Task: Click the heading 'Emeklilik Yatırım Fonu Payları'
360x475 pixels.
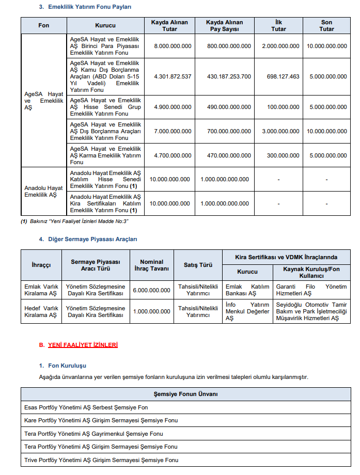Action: pyautogui.click(x=90, y=7)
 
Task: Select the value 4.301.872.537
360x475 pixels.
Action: pyautogui.click(x=173, y=76)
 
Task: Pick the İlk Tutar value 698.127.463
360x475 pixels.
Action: pyautogui.click(x=278, y=76)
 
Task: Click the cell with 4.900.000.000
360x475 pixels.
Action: pyautogui.click(x=173, y=107)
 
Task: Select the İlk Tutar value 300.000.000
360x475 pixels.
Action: pyautogui.click(x=278, y=155)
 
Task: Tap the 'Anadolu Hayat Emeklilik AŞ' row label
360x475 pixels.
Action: pyautogui.click(x=43, y=192)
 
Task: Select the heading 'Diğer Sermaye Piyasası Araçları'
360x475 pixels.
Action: pyautogui.click(x=92, y=239)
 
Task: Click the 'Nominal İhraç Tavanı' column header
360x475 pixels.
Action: pyautogui.click(x=151, y=265)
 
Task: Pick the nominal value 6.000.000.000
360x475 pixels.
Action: pyautogui.click(x=151, y=290)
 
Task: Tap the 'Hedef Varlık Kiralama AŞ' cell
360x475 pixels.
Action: pyautogui.click(x=41, y=311)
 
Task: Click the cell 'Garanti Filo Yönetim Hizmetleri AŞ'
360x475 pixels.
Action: pyautogui.click(x=311, y=290)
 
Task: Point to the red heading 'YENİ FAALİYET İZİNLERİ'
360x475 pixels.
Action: pyautogui.click(x=83, y=345)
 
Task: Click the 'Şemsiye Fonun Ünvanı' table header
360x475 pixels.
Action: pyautogui.click(x=185, y=394)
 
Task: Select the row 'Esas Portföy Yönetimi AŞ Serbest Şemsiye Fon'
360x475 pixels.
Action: pyautogui.click(x=86, y=408)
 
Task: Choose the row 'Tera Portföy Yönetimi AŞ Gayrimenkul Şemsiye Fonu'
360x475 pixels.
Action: pyautogui.click(x=93, y=434)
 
